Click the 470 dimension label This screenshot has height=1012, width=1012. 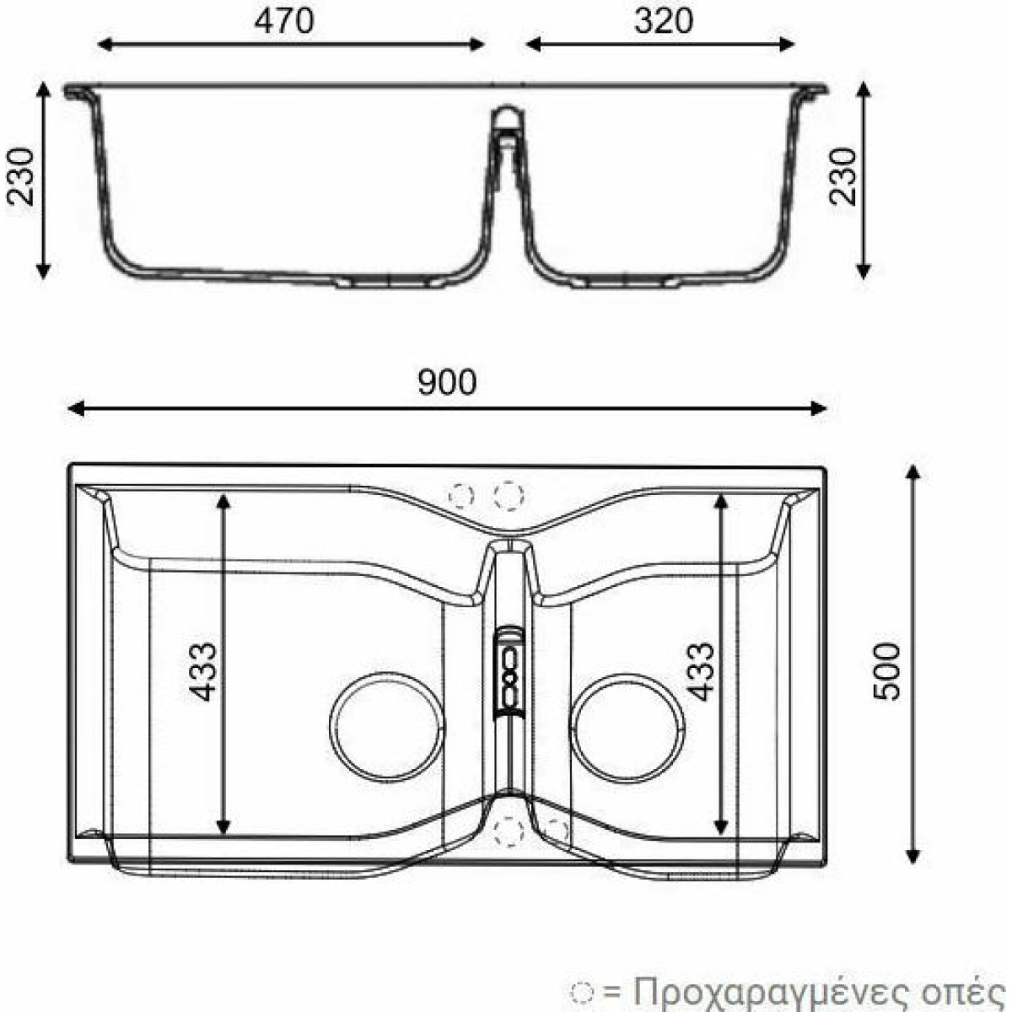coord(284,22)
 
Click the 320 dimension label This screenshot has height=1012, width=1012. coord(664,22)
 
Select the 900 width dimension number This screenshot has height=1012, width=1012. coord(448,382)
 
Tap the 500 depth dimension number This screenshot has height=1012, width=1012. coord(886,671)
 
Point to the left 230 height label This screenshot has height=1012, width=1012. coord(20,176)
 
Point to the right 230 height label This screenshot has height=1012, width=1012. coord(842,176)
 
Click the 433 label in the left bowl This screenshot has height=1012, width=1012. coord(202,671)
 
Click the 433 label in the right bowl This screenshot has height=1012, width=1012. coord(702,671)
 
